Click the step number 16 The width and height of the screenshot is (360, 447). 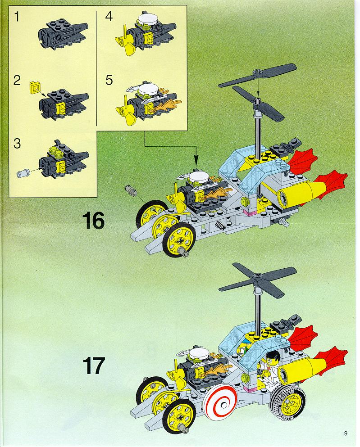pos(93,221)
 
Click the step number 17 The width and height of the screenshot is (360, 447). pos(93,366)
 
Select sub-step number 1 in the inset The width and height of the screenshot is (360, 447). pos(17,17)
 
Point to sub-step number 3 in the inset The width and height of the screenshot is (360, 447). pos(17,144)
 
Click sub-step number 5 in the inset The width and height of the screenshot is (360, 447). pos(109,80)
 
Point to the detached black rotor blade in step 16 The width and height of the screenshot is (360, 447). pos(258,75)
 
